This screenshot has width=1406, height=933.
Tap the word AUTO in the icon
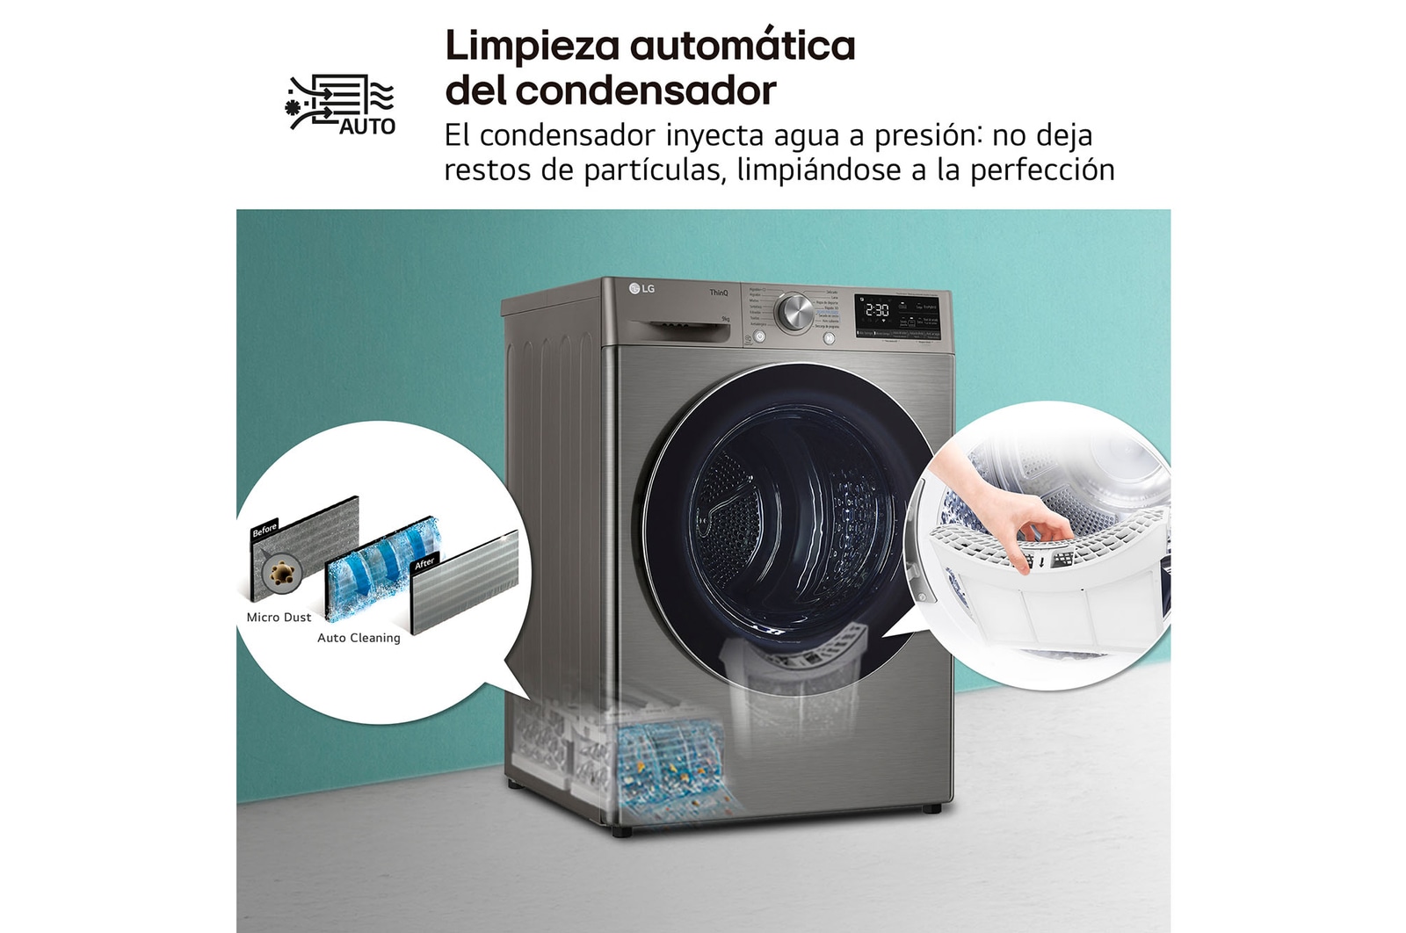tap(367, 127)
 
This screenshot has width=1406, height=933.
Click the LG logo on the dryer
tap(642, 288)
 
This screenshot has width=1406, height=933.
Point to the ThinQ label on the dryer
tap(719, 292)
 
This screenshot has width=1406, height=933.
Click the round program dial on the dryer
tap(794, 312)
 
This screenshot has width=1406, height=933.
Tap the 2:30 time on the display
tap(876, 310)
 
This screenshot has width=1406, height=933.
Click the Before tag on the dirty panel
tap(265, 530)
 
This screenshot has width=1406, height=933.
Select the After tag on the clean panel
tap(425, 562)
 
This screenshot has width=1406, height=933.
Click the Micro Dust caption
tap(279, 617)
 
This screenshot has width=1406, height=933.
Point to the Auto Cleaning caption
tap(359, 638)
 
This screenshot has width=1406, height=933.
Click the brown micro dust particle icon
tap(281, 574)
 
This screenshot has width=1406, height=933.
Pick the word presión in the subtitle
tap(924, 135)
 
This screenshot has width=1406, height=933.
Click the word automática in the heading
tap(743, 46)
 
